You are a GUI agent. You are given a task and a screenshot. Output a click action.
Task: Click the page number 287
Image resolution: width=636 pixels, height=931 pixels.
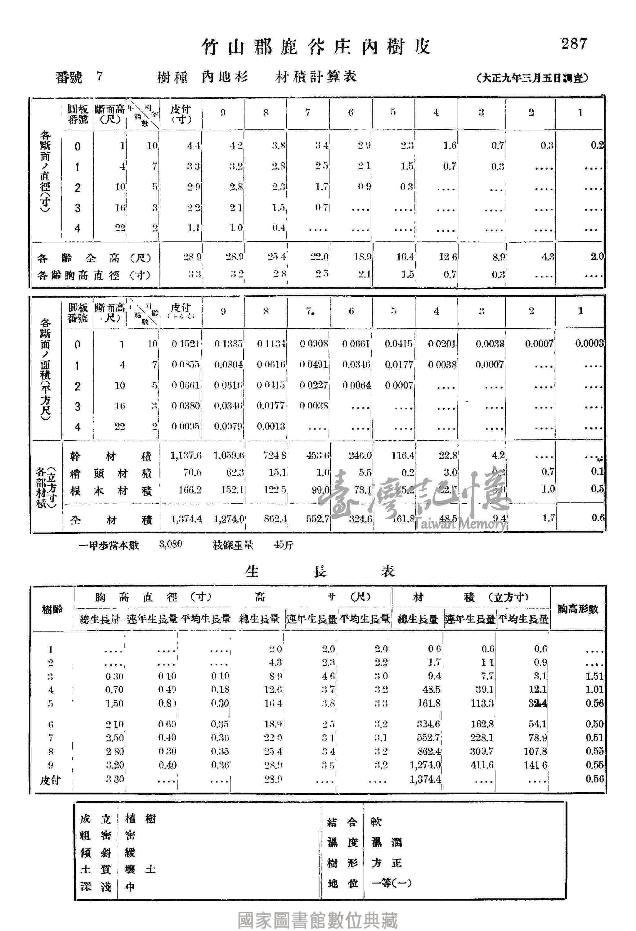574,43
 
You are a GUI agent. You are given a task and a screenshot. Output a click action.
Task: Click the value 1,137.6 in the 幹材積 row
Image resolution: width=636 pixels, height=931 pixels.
186,456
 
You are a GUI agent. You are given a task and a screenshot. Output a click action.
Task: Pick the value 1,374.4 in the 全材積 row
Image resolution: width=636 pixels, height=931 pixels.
186,519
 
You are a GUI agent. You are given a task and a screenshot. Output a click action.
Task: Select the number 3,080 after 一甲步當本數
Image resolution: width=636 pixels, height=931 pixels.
171,544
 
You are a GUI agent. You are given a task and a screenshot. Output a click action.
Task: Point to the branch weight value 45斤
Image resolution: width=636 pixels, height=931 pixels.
284,545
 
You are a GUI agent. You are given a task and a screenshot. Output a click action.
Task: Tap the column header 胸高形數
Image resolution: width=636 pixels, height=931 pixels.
578,609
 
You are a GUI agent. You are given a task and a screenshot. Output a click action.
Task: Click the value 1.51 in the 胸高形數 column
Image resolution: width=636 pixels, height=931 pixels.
594,676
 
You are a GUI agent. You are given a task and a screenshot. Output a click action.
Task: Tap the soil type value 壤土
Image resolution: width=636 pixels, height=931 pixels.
140,869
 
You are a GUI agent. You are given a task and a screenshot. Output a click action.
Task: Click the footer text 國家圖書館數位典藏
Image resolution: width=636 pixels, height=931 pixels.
318,920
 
